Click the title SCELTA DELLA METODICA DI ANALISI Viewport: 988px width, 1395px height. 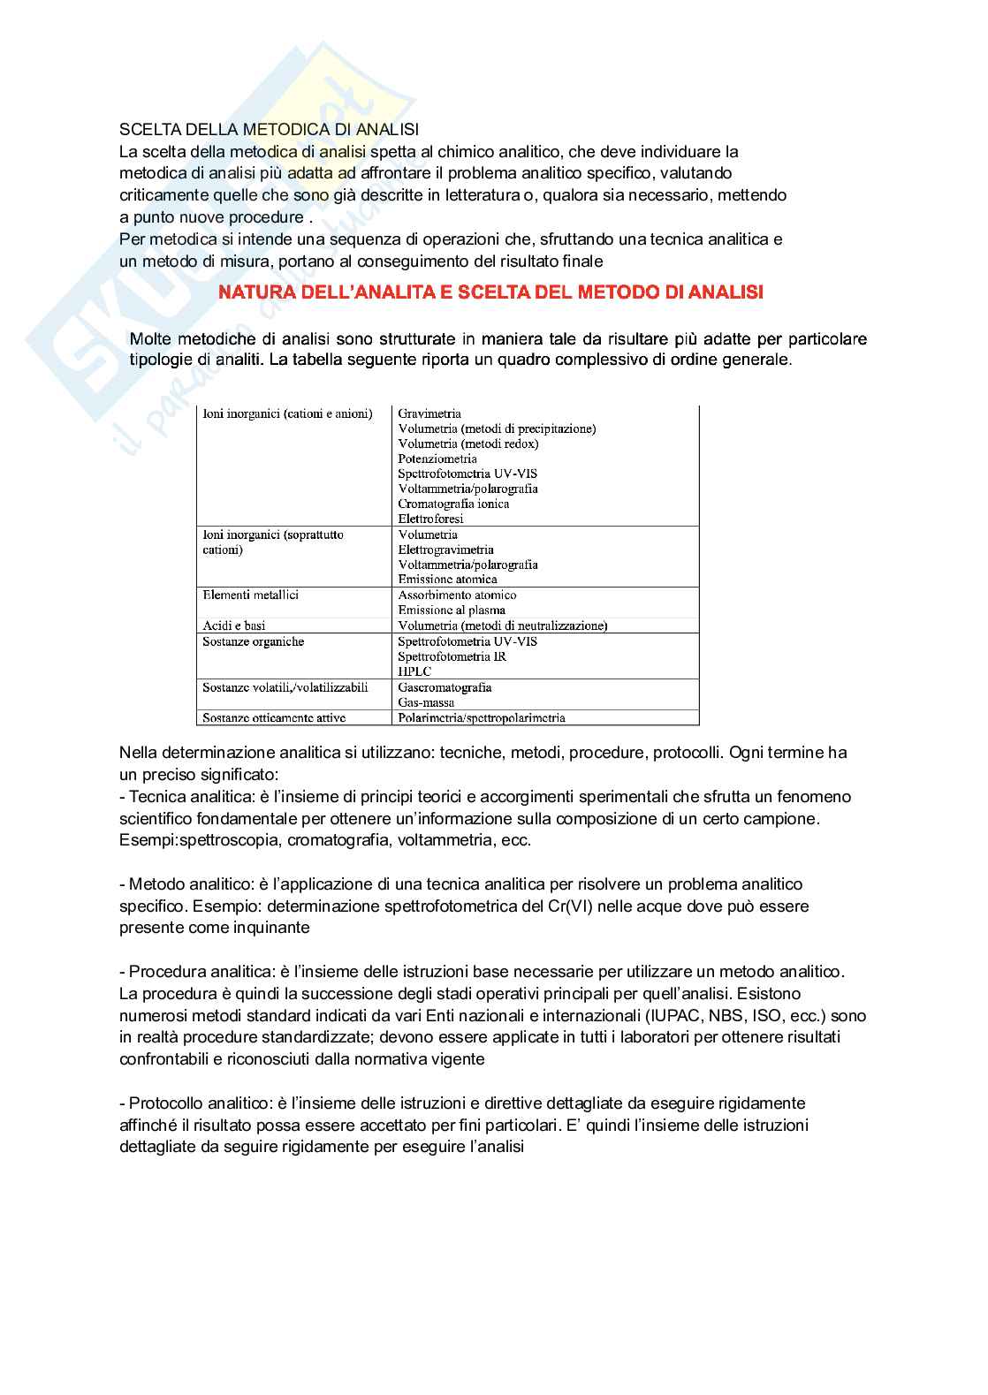pos(269,130)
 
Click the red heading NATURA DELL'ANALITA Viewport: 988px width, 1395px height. pos(490,292)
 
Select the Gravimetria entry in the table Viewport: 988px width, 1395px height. pos(429,413)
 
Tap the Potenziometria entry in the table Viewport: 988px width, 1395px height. pos(437,459)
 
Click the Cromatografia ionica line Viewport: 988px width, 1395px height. pos(453,504)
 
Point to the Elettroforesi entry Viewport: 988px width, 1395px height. pos(430,519)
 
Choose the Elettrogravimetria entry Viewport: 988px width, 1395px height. pos(445,550)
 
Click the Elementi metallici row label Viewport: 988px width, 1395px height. pos(250,595)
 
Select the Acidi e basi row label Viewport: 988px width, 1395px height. pos(234,625)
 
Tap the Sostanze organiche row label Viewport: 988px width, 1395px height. pos(253,641)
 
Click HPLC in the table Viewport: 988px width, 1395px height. pos(414,671)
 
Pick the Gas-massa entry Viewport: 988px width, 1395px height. pos(426,702)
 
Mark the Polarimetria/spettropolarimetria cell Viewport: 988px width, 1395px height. pos(481,717)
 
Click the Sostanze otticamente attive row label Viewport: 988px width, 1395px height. pos(274,717)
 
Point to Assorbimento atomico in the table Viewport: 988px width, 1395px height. pos(457,595)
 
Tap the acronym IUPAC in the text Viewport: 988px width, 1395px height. pos(669,1016)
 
